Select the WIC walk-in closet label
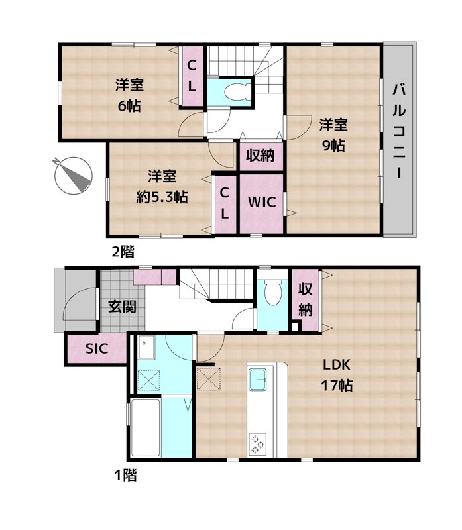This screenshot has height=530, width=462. pos(261,202)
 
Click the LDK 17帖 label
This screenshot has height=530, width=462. pos(337,374)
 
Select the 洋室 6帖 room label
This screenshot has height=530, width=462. pos(129,95)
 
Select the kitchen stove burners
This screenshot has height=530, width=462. pos(257,442)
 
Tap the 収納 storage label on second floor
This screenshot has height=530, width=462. pos(260,156)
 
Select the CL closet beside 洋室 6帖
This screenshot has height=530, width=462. pos(191,75)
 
